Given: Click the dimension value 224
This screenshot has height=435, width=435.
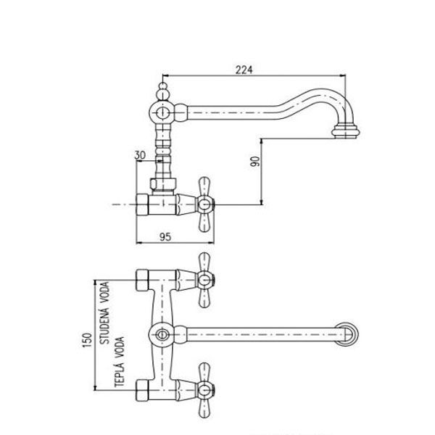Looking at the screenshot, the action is [x=244, y=70].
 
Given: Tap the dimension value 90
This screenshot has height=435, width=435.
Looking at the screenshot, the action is [x=255, y=162].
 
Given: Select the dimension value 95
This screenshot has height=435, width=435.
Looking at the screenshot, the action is [x=165, y=237].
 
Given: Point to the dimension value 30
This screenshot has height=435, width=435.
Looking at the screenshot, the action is [x=140, y=155].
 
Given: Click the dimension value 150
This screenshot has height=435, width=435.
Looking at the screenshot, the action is [x=87, y=340].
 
